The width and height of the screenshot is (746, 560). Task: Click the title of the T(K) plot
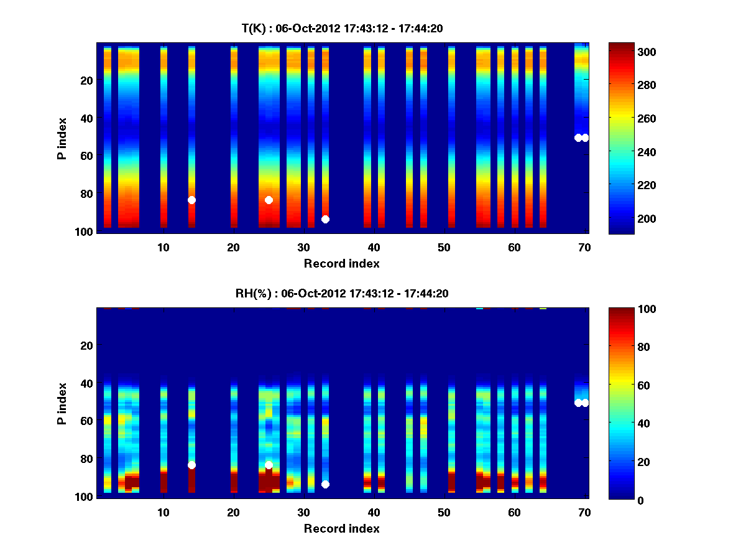click(342, 28)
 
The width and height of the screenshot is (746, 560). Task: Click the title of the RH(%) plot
click(342, 293)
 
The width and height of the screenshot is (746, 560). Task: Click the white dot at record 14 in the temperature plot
click(191, 200)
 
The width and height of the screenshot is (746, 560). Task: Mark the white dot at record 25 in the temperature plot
click(269, 200)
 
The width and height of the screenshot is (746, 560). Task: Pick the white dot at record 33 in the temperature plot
click(325, 219)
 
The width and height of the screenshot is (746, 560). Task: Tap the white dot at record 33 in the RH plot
click(325, 484)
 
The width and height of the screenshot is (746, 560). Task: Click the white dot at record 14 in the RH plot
click(191, 465)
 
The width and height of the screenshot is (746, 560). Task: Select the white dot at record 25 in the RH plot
click(269, 465)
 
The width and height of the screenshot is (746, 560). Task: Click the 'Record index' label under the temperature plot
click(342, 263)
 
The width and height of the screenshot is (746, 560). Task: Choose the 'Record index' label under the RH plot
click(342, 528)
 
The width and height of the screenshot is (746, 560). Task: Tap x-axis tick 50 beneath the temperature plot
click(444, 247)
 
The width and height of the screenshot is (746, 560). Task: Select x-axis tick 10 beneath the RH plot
click(163, 512)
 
